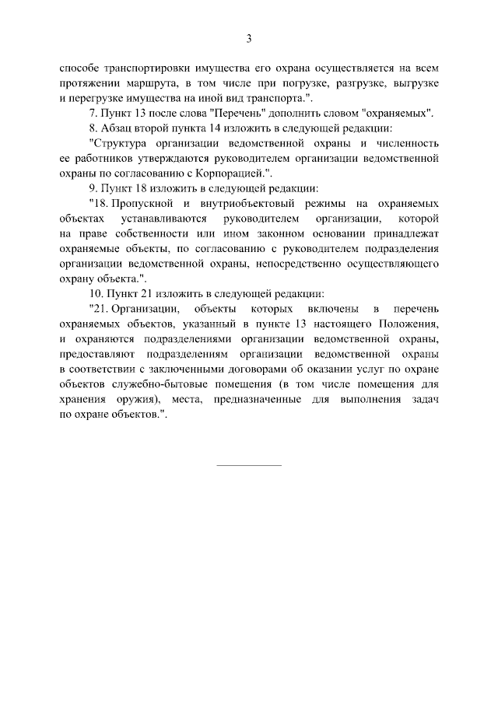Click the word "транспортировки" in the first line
(x=143, y=68)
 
